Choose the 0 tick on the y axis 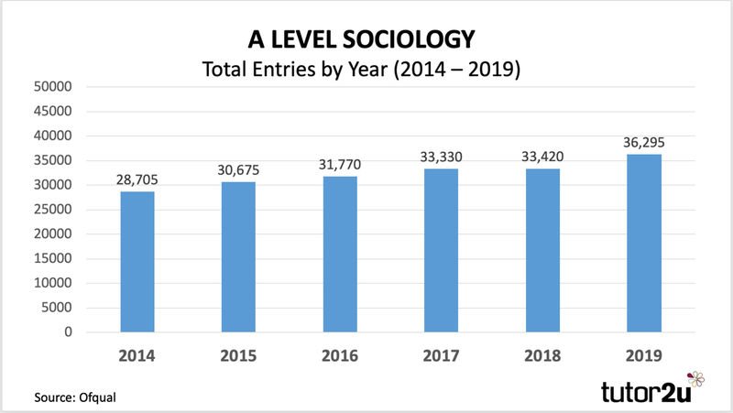(x=66, y=332)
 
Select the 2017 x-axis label (x=441, y=356)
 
